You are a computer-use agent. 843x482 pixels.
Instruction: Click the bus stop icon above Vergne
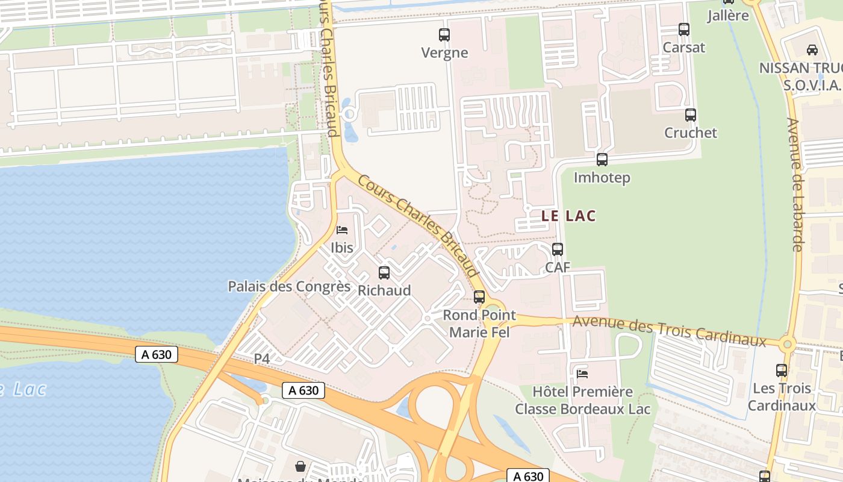tap(444, 35)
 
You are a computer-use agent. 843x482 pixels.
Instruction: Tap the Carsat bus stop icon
tap(683, 29)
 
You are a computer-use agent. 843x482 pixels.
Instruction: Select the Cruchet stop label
tap(690, 133)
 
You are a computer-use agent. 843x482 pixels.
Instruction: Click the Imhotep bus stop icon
tap(602, 160)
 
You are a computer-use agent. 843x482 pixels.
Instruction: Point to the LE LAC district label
tap(568, 216)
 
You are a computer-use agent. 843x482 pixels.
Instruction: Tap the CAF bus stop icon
tap(558, 249)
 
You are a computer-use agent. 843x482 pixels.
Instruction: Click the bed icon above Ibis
tap(342, 230)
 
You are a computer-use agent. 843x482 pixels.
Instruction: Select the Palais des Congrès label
tap(289, 286)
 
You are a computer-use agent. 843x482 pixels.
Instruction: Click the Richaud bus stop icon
tap(384, 272)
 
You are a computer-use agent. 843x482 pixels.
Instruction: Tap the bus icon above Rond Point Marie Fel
tap(479, 296)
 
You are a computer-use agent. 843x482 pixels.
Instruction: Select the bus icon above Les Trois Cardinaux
tap(782, 371)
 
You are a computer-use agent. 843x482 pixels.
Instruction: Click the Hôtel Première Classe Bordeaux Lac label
tap(582, 400)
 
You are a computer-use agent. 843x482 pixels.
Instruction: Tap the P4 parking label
tap(262, 358)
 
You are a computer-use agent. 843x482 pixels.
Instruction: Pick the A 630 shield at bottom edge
tap(527, 476)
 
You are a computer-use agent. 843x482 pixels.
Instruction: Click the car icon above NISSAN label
tap(812, 50)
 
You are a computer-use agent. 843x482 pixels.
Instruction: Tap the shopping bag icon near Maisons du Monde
tap(300, 466)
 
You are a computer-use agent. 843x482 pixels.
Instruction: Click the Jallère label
tap(727, 16)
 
